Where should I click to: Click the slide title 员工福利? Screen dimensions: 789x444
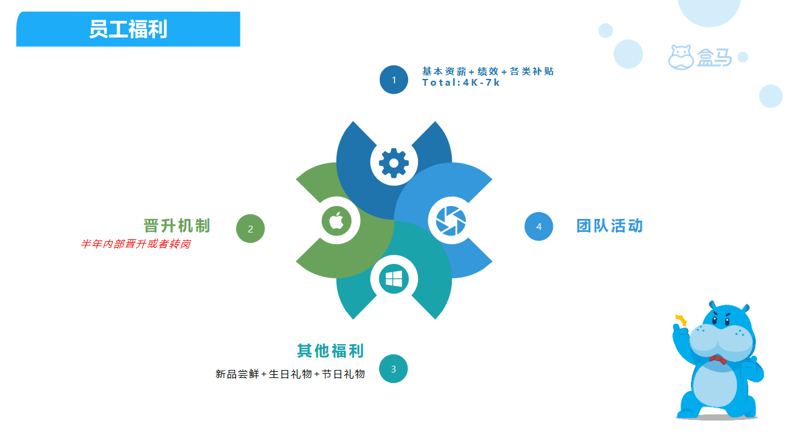tap(128, 29)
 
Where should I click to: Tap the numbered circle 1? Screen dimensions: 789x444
tap(394, 80)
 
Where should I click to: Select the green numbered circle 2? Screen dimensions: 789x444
tap(250, 229)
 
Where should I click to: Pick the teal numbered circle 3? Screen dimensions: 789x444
tap(393, 369)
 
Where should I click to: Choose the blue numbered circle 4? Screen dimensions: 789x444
tap(539, 226)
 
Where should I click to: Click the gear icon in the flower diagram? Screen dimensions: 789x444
tap(394, 163)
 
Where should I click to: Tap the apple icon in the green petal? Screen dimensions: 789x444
tap(337, 221)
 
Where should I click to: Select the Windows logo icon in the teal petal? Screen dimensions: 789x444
tap(394, 279)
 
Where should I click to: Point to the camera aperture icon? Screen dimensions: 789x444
tap(451, 221)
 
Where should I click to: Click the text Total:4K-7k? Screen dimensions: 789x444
tap(461, 83)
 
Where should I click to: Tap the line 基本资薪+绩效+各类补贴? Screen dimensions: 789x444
tap(488, 71)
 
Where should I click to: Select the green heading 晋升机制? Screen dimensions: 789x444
tap(177, 226)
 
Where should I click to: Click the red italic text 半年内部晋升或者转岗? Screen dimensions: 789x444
tap(136, 244)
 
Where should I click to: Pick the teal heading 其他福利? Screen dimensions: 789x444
tap(330, 351)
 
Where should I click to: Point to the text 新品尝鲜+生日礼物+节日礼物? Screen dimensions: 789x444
tap(290, 374)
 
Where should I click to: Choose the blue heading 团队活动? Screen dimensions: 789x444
tap(610, 226)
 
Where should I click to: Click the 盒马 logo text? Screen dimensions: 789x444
tap(714, 57)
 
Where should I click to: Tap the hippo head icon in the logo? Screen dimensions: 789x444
tap(681, 57)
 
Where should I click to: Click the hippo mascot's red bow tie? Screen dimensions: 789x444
tap(718, 360)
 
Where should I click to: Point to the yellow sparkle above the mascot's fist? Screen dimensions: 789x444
tap(681, 320)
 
